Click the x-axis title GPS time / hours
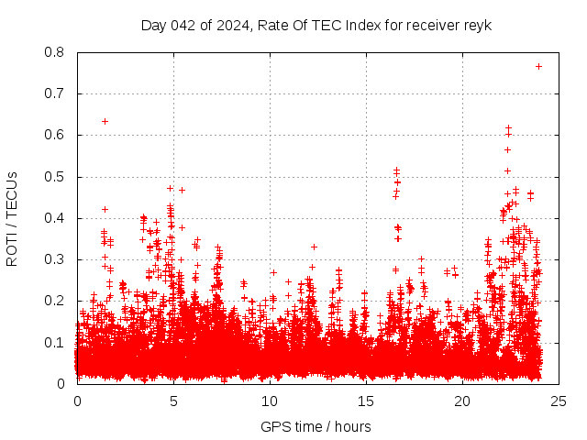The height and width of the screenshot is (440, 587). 316,426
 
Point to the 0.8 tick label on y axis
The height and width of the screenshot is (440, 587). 54,52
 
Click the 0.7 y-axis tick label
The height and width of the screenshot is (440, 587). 54,93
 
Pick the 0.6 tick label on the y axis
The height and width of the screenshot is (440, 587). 54,135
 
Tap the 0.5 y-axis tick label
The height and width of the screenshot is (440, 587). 54,177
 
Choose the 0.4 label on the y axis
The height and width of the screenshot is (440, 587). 54,218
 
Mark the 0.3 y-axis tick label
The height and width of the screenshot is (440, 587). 54,259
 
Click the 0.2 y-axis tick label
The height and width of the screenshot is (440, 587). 54,301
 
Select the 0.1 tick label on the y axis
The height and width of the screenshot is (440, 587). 54,342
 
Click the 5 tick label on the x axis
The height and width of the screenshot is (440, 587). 173,401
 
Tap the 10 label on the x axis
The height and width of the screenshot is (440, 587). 270,401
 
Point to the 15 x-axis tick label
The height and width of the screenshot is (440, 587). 366,401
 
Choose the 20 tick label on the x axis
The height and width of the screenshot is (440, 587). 462,401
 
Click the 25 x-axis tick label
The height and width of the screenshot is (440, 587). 559,401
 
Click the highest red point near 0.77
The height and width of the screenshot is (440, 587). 539,66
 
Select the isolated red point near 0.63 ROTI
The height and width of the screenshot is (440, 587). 105,121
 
